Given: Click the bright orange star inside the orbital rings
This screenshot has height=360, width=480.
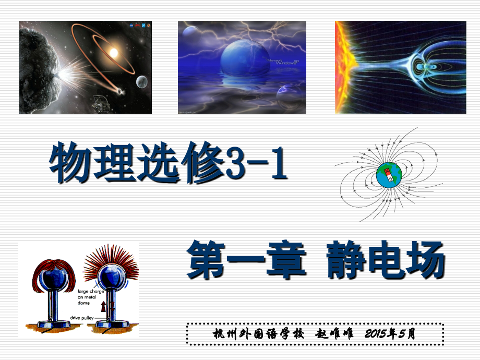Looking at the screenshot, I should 113,52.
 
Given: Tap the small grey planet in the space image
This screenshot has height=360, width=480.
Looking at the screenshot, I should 141,81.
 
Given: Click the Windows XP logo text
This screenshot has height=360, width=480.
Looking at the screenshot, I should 284,62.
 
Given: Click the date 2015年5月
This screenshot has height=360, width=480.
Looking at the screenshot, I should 389,334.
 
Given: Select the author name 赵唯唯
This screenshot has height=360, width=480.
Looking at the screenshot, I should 335,334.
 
